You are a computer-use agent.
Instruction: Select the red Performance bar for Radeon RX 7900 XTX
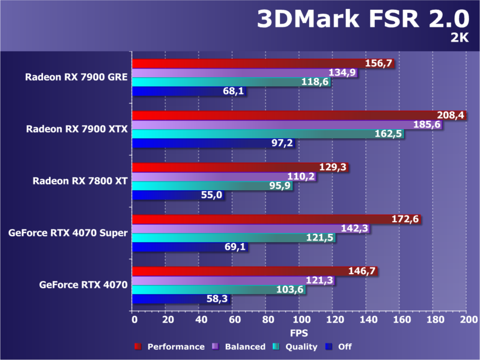(x=280, y=116)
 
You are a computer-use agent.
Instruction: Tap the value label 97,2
(x=280, y=143)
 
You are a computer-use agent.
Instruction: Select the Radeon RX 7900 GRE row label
(x=76, y=77)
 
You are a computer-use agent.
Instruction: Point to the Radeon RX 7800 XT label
(x=80, y=181)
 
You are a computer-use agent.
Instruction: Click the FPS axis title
(x=299, y=333)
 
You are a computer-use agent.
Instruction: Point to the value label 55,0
(x=212, y=195)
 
